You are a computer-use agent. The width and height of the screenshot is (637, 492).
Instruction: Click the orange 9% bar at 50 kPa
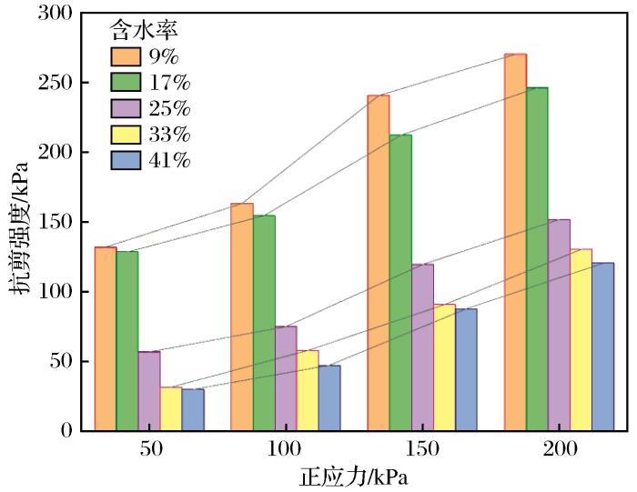click(x=106, y=338)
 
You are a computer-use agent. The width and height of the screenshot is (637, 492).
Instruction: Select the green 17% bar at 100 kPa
click(x=264, y=323)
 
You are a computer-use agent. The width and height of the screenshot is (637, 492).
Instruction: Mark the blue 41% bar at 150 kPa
click(x=466, y=369)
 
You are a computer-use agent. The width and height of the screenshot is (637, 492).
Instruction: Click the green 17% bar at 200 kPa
click(x=537, y=259)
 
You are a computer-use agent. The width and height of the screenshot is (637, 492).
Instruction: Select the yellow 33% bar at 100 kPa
click(x=308, y=390)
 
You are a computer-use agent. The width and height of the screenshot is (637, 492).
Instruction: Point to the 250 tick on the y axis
click(x=60, y=83)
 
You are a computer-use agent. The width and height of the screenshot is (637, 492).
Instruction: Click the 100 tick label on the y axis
click(x=60, y=292)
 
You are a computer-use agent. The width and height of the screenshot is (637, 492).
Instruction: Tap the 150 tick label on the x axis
click(x=422, y=450)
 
